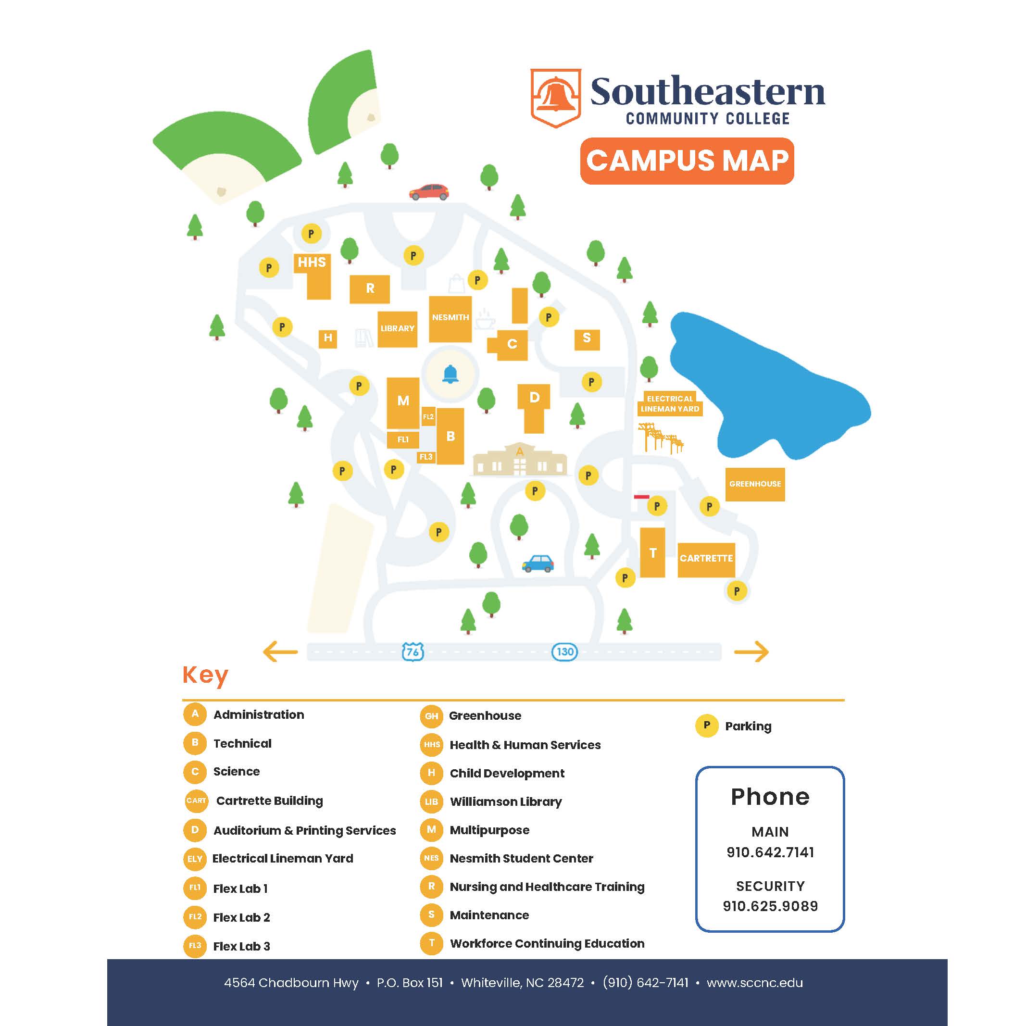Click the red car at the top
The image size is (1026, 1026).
[x=429, y=192]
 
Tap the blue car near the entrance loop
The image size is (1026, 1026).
[x=538, y=563]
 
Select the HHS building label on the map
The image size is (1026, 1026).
[x=312, y=263]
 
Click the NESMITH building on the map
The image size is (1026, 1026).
[x=450, y=318]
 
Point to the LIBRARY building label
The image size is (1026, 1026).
[x=397, y=329]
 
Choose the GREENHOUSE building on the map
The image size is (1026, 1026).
[x=755, y=484]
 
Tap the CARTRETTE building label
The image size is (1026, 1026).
[x=706, y=559]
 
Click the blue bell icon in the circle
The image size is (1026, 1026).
[x=450, y=375]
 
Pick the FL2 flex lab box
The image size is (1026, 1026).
[x=428, y=417]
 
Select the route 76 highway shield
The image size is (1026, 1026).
[x=413, y=651]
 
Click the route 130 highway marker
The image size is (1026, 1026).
[x=564, y=651]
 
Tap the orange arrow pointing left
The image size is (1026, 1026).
[x=280, y=651]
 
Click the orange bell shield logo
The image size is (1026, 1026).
[x=555, y=98]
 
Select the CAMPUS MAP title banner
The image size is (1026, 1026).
[x=687, y=161]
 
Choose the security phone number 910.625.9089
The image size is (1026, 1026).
[x=770, y=906]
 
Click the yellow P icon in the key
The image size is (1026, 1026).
[x=706, y=726]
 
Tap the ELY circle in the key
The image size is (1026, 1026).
[x=195, y=859]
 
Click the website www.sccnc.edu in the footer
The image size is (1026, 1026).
[x=755, y=983]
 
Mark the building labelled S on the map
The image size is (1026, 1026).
[x=587, y=338]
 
